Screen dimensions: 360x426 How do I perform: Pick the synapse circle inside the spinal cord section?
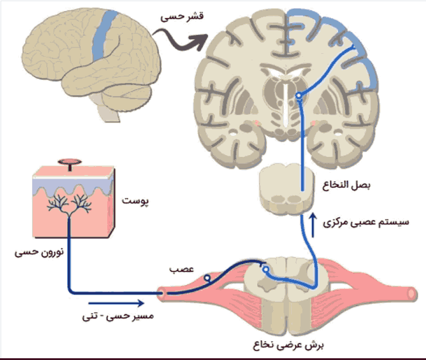click(x=267, y=270)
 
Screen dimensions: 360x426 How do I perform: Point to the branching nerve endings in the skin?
click(x=71, y=202)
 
